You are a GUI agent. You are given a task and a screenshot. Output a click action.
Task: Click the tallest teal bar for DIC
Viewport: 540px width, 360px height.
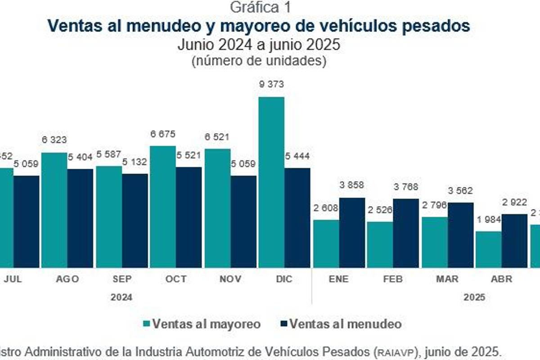click(271, 182)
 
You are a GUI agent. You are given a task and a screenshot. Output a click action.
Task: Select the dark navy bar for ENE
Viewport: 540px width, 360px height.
click(352, 233)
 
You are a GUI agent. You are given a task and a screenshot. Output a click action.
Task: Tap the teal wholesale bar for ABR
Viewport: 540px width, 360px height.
click(489, 249)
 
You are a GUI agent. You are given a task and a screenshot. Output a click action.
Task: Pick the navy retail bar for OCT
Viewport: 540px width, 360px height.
click(189, 217)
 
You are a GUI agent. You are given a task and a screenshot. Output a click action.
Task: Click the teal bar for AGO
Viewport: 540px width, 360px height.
click(54, 210)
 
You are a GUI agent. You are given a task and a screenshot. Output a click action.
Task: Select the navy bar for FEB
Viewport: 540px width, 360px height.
click(405, 233)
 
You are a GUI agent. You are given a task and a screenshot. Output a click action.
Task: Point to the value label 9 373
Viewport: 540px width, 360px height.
click(271, 84)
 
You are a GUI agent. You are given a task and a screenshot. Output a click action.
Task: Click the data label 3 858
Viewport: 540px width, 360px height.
click(352, 185)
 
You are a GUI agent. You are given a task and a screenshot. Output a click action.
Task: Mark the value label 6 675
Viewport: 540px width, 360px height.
click(162, 134)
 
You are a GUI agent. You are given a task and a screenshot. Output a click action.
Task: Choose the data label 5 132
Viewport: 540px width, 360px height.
click(135, 161)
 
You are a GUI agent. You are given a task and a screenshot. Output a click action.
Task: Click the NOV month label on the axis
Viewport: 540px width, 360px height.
click(230, 279)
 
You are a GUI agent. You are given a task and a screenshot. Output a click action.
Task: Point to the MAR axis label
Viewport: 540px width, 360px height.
click(447, 279)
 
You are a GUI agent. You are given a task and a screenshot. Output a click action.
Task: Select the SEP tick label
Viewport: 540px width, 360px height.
click(122, 279)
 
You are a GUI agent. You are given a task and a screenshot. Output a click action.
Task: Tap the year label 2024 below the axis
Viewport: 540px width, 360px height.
click(121, 297)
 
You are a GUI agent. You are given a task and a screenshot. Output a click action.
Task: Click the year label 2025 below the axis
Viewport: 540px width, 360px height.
click(475, 297)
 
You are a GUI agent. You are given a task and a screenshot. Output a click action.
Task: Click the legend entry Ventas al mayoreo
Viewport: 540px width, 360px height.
click(206, 324)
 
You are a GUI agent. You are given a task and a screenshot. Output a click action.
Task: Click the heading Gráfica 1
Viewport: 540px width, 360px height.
click(259, 8)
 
